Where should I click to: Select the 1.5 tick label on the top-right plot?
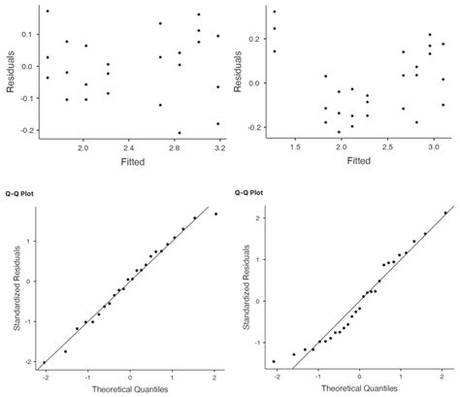coord(295,146)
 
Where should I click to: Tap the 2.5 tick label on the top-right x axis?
coord(387,146)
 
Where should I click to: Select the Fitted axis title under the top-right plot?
coord(359,159)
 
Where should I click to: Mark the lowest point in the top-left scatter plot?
coord(179,133)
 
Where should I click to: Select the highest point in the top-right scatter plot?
coord(274,12)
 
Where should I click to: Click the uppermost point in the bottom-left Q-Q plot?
coord(215,214)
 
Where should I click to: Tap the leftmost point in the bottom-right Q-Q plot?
coord(275,361)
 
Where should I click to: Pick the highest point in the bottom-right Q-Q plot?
coord(445,213)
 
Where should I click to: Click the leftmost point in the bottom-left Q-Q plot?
coord(44,362)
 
